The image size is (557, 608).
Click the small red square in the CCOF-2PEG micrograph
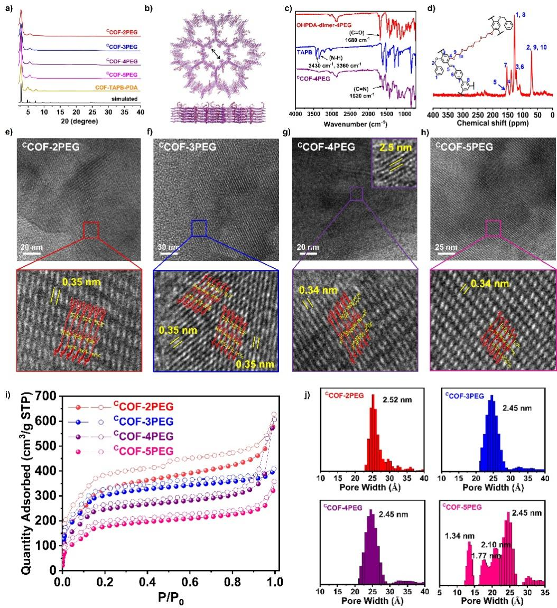[x=91, y=230]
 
